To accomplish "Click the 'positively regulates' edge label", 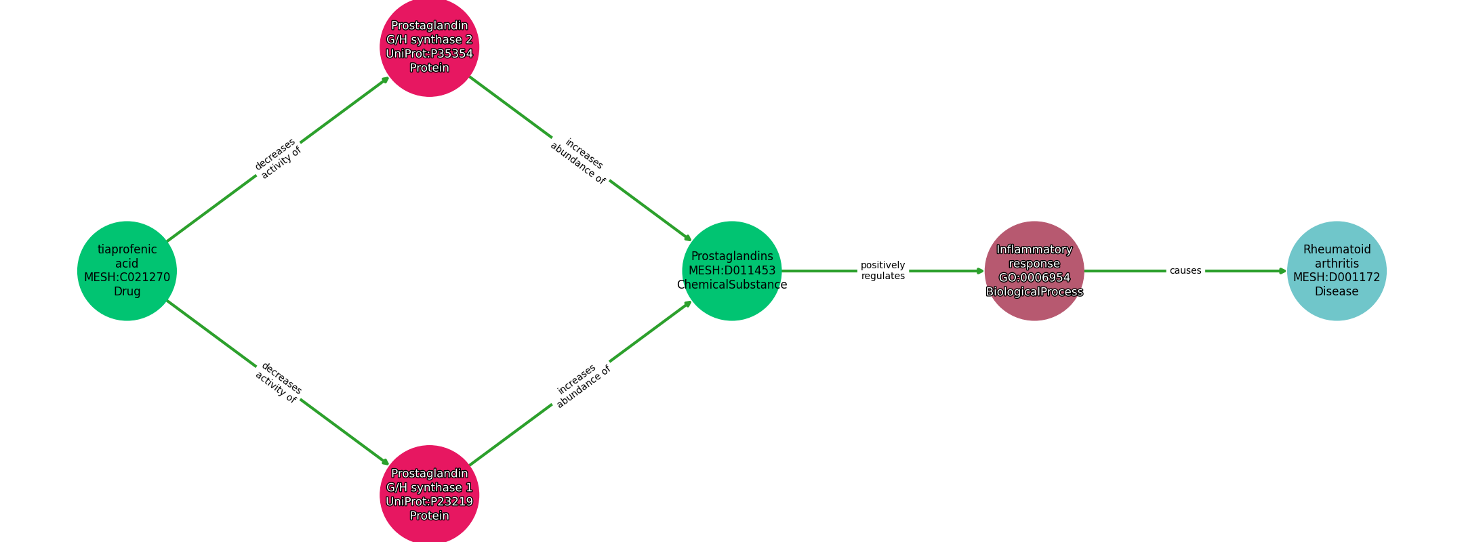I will pos(882,271).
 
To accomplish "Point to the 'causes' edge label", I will pos(1185,271).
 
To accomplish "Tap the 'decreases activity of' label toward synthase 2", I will pos(277,159).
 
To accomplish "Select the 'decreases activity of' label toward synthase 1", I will pos(278,383).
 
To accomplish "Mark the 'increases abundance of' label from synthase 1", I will pos(583,385).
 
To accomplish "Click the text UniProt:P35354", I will pos(429,54).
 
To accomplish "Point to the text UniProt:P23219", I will pos(429,502).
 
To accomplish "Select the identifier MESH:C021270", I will pos(127,278).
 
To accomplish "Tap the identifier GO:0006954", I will pos(1034,278).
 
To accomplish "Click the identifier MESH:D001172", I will pos(1337,278).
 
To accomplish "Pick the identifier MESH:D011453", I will pos(732,271).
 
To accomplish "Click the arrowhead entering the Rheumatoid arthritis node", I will pos(1282,271).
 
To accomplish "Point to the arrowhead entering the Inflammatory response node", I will pos(980,271).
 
